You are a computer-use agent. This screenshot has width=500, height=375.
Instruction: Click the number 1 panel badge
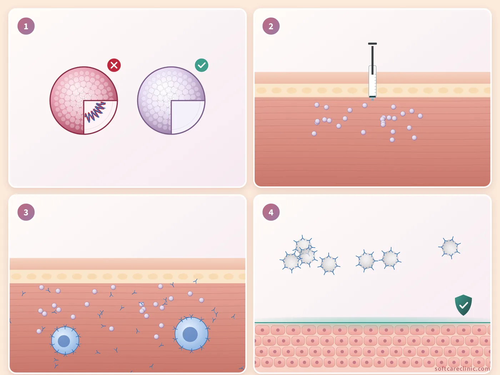(26, 26)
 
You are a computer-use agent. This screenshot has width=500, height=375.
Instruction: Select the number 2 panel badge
(271, 26)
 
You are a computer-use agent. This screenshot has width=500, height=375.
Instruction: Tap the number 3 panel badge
(26, 212)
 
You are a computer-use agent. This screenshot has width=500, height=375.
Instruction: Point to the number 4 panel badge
(271, 212)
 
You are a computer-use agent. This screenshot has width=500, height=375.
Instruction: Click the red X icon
(114, 65)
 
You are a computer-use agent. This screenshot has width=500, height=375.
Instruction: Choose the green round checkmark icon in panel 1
(201, 65)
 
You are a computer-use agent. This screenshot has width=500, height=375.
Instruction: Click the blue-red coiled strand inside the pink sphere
(95, 111)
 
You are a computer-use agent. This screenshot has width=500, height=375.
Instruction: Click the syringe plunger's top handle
(372, 44)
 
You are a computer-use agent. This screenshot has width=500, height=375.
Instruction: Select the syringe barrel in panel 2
(372, 81)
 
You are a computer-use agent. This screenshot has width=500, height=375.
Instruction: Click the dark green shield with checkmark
(463, 305)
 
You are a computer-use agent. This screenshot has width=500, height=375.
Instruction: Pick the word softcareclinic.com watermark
(462, 369)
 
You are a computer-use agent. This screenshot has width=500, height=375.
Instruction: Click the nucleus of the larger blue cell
(190, 334)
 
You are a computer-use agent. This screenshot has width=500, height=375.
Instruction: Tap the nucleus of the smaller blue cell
(64, 341)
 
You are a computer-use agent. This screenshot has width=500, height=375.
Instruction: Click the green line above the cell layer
(372, 322)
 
